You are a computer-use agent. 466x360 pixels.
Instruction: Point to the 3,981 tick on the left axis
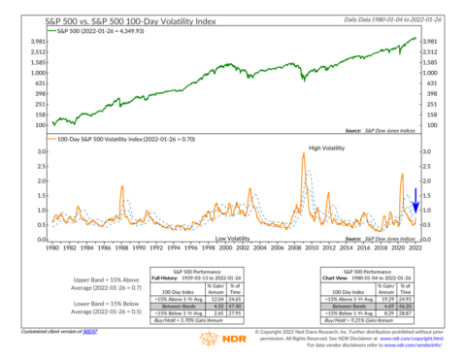(40, 42)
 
